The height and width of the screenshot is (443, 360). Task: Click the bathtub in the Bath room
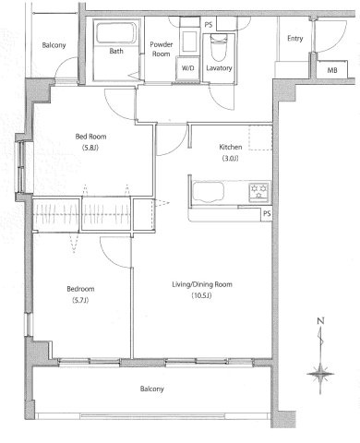tap(116, 33)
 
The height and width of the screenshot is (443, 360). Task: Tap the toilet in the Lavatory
tap(219, 47)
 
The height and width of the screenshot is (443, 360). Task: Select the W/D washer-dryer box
tap(187, 68)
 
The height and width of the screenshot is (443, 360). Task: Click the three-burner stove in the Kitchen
tap(259, 192)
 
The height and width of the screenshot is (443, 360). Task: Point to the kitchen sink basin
tap(208, 192)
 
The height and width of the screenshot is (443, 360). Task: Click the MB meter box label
tap(332, 70)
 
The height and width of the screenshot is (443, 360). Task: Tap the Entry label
tap(295, 39)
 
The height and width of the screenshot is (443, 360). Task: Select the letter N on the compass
tap(320, 321)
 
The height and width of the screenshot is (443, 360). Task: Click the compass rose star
tap(320, 374)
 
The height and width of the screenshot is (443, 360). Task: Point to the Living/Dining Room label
tap(202, 284)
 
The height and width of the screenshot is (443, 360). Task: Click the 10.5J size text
tap(202, 296)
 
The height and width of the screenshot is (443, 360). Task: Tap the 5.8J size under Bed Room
tap(90, 148)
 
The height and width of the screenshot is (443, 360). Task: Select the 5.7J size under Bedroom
tap(80, 300)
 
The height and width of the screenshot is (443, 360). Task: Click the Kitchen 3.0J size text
tap(231, 159)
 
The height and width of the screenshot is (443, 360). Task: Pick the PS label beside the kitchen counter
tap(267, 213)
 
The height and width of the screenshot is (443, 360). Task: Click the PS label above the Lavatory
tap(209, 25)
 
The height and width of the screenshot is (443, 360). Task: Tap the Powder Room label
tap(162, 49)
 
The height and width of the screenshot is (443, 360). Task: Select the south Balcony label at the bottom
tap(152, 389)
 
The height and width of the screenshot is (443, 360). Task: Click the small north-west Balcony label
tap(54, 45)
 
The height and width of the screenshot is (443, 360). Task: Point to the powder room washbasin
tap(189, 41)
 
